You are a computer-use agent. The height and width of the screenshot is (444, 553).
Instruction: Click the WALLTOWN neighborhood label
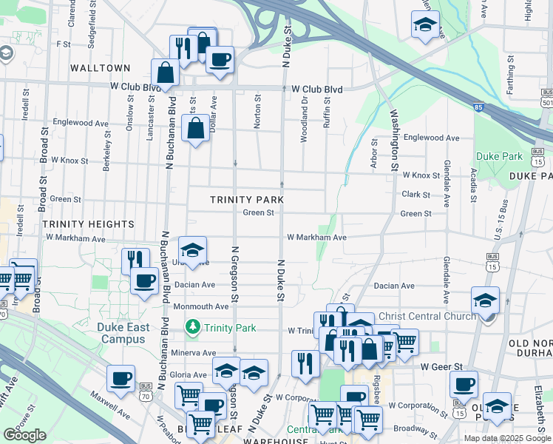(100, 68)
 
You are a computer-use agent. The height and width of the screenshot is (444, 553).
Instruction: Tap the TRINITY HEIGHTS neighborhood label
(88, 223)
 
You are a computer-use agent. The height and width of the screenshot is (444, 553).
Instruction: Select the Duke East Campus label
(121, 332)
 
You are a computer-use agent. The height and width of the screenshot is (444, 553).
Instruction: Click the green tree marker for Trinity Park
(193, 326)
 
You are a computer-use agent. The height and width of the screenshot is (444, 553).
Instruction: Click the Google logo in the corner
(24, 435)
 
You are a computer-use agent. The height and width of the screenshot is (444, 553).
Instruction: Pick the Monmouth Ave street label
(201, 306)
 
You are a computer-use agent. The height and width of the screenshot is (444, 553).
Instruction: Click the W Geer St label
(441, 366)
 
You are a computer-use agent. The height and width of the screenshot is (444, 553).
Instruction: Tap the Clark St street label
(416, 195)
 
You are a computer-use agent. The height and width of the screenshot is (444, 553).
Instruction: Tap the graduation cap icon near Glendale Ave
(485, 300)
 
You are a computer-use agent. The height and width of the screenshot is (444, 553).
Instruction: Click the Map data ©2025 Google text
(506, 438)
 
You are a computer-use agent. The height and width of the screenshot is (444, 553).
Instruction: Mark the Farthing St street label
(510, 69)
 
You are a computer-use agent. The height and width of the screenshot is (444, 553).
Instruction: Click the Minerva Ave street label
(194, 353)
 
